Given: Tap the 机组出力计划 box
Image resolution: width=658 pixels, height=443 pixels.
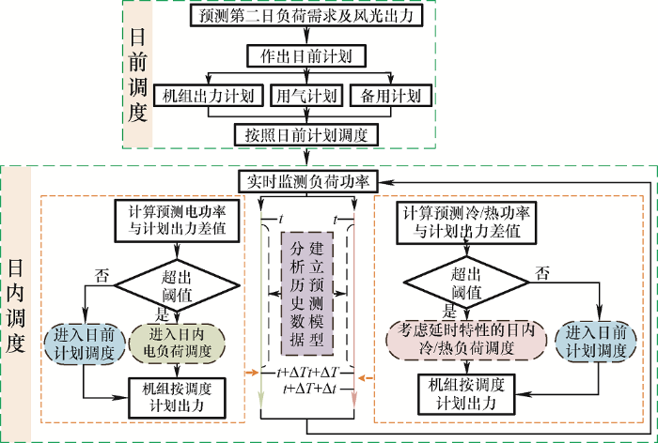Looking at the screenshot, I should click(205, 96).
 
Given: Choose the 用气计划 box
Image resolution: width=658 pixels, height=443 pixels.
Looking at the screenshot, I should click(305, 96).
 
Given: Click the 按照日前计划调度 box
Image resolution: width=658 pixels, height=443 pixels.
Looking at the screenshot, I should click(306, 134).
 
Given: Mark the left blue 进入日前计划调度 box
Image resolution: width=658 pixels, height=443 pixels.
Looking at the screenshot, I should click(85, 344).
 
